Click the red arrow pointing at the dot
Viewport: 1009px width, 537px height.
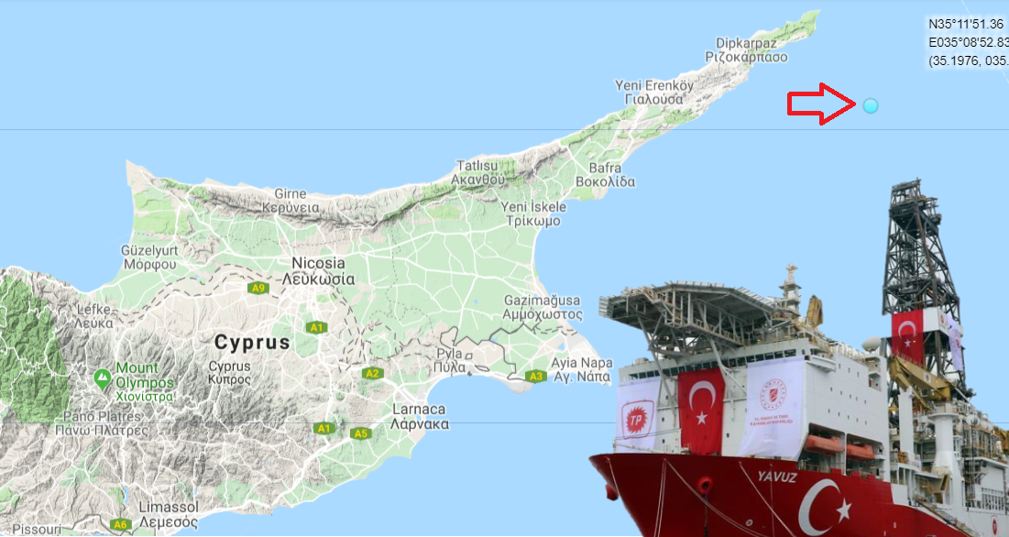(821, 104)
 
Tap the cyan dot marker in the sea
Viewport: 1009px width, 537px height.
(871, 105)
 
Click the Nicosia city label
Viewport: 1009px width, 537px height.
(318, 262)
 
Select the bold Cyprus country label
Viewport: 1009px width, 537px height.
(252, 343)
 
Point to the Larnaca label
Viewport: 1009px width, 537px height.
(418, 409)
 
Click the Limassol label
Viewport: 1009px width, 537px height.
(169, 507)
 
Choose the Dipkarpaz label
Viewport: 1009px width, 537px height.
(746, 41)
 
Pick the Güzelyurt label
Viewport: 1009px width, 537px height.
(148, 249)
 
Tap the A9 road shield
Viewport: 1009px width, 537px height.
(258, 288)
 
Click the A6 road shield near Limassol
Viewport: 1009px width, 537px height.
(120, 524)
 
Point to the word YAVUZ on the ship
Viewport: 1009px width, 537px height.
(776, 477)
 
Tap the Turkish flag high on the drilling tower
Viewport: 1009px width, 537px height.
(906, 332)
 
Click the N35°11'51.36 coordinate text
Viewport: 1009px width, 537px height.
(966, 25)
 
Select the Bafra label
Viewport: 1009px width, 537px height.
(605, 168)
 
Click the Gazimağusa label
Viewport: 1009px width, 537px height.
(543, 301)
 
